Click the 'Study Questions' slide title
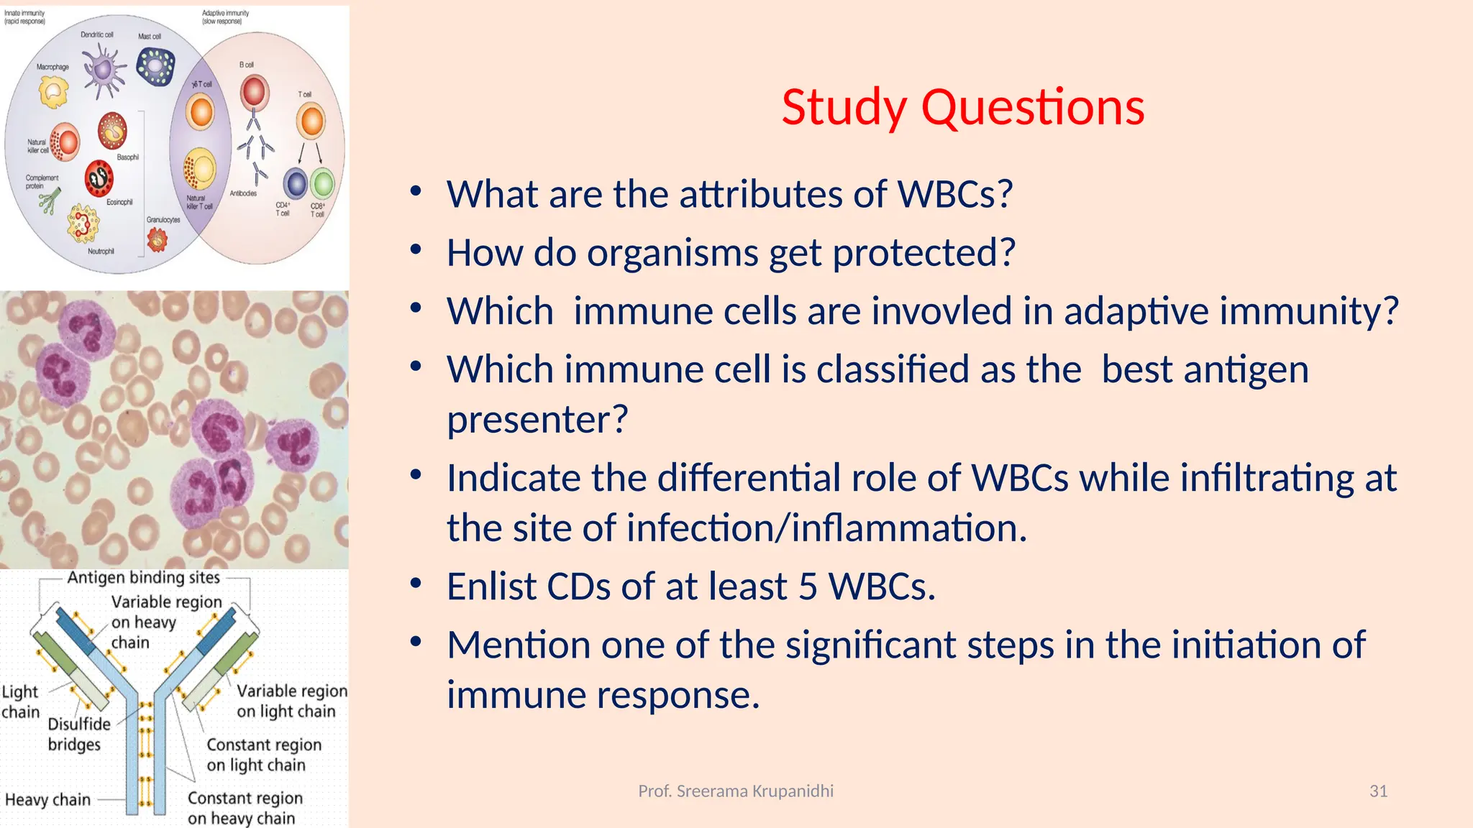[962, 108]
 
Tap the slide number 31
[1378, 791]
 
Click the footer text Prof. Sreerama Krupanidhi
[736, 791]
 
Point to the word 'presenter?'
[537, 420]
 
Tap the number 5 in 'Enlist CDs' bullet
[808, 586]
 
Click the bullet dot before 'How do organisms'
[416, 250]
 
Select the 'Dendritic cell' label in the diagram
[96, 34]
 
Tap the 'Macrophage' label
[53, 67]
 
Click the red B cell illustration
[254, 93]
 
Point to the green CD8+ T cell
[323, 184]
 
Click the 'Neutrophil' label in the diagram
[101, 252]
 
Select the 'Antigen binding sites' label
[144, 578]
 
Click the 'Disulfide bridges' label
[78, 734]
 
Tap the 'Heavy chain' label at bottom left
[47, 800]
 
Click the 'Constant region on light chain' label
[263, 755]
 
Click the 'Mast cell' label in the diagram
[150, 36]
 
